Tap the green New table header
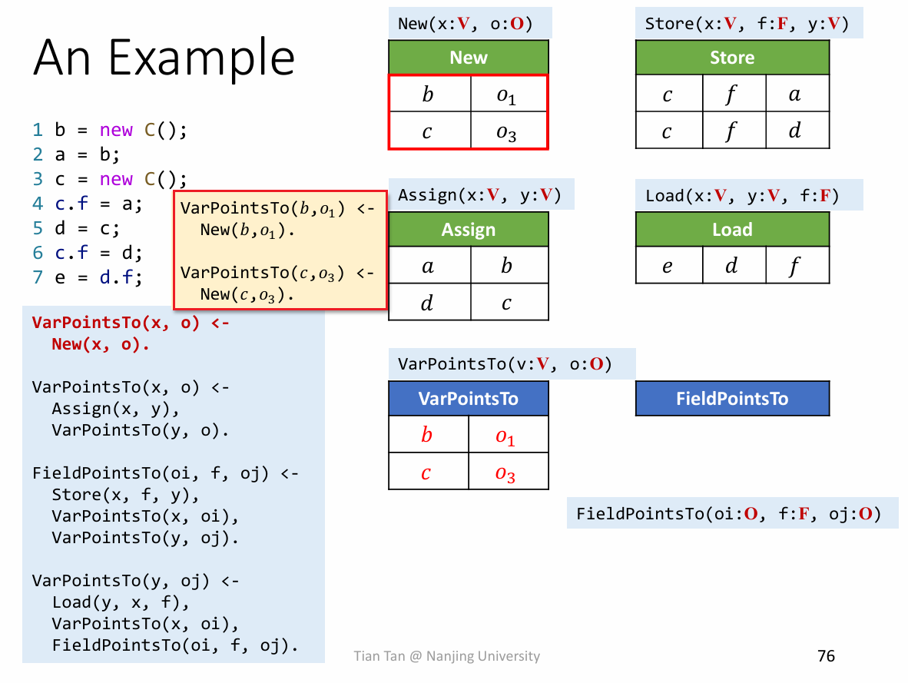pyautogui.click(x=469, y=58)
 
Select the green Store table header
pyautogui.click(x=732, y=58)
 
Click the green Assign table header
pyautogui.click(x=469, y=230)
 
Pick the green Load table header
pyautogui.click(x=732, y=230)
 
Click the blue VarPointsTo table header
pyautogui.click(x=469, y=399)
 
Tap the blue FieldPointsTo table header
pyautogui.click(x=732, y=399)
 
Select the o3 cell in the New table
pyautogui.click(x=507, y=131)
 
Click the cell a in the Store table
pyautogui.click(x=796, y=94)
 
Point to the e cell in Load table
pyautogui.click(x=668, y=266)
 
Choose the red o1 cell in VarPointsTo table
pyautogui.click(x=505, y=436)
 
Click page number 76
pyautogui.click(x=826, y=655)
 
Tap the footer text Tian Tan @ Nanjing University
pyautogui.click(x=446, y=656)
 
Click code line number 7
pyautogui.click(x=38, y=277)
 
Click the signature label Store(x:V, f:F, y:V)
pyautogui.click(x=746, y=23)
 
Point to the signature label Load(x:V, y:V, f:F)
pyautogui.click(x=741, y=195)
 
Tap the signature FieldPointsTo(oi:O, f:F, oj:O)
pyautogui.click(x=728, y=513)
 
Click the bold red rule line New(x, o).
pyautogui.click(x=100, y=344)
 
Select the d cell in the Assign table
pyautogui.click(x=428, y=303)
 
